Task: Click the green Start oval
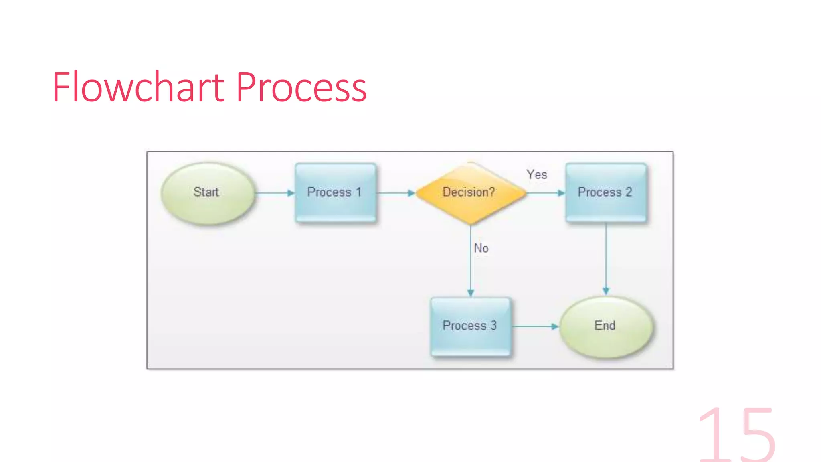click(x=207, y=193)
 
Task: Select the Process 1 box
click(x=335, y=192)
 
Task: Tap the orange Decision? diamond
click(x=470, y=193)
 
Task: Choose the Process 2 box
click(x=605, y=192)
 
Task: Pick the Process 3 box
click(x=470, y=326)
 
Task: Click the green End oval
click(x=605, y=326)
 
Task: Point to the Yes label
click(x=536, y=174)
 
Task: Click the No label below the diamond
click(x=481, y=248)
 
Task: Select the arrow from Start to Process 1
click(x=274, y=193)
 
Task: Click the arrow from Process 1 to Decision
click(x=395, y=193)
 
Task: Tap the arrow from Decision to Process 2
click(x=545, y=193)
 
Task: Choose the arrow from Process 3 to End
click(x=535, y=326)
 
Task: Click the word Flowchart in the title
click(x=139, y=87)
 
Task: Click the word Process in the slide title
click(x=301, y=87)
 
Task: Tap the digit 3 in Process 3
click(x=493, y=325)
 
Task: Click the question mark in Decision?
click(x=491, y=192)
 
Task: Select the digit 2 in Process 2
click(x=629, y=192)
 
